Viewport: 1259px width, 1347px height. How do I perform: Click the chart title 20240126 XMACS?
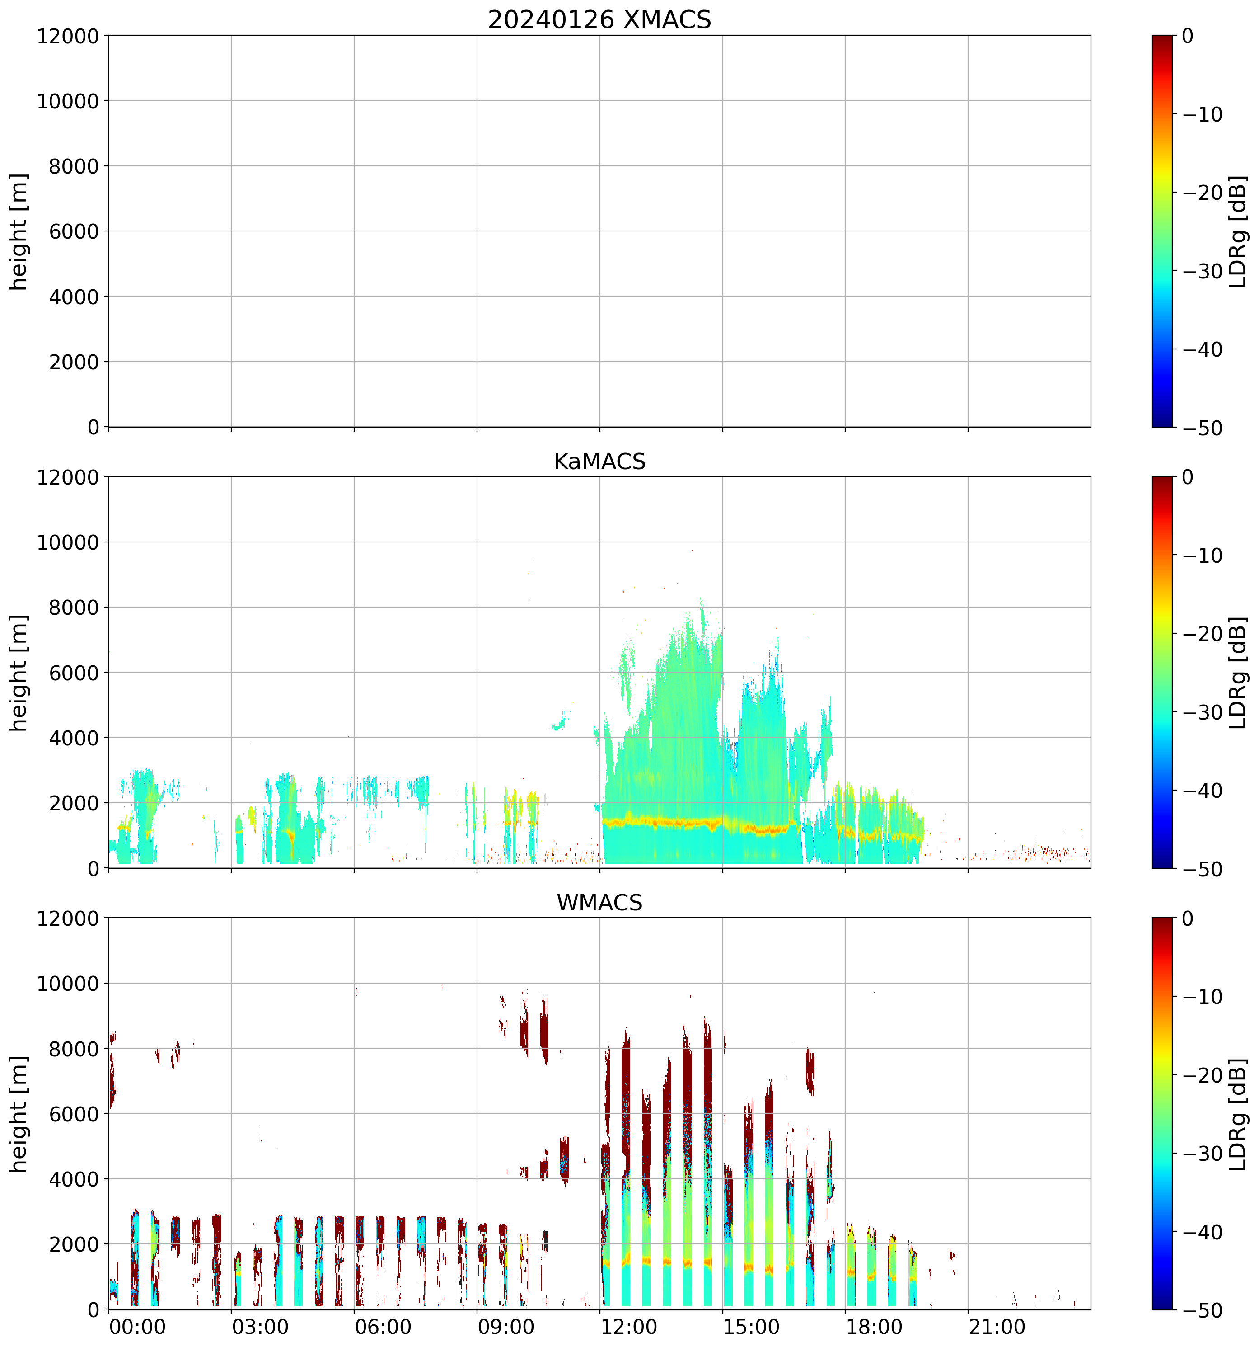(599, 19)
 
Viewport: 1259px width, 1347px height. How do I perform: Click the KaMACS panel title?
(599, 462)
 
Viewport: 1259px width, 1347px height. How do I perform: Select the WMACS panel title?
(599, 903)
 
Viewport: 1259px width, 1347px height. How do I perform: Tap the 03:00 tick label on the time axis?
(260, 1327)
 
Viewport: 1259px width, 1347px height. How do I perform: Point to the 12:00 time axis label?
(628, 1327)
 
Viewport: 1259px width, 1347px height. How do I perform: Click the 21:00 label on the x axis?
(997, 1327)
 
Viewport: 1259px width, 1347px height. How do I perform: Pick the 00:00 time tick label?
(137, 1327)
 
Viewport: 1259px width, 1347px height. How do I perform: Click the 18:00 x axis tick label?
(874, 1327)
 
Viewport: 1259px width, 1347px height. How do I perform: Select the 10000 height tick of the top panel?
(68, 101)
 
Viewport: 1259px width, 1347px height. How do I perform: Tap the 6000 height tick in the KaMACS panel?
(75, 673)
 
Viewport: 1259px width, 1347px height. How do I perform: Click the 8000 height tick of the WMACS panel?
(75, 1049)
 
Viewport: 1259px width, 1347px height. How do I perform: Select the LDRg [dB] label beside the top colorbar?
(1237, 232)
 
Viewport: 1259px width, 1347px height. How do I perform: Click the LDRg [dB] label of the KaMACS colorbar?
(1237, 673)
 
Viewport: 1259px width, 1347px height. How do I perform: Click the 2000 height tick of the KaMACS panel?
(75, 803)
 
